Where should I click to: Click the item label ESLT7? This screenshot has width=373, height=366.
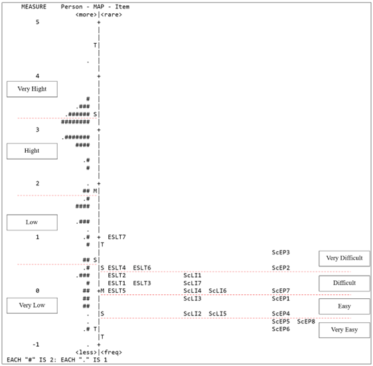tap(117, 237)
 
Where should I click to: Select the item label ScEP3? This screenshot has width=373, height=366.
tap(281, 252)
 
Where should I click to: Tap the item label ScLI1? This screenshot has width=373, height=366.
tap(192, 275)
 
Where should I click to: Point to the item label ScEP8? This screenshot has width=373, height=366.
tap(306, 321)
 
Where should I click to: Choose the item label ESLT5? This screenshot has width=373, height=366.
tap(117, 290)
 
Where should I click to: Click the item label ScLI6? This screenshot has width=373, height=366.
tap(218, 290)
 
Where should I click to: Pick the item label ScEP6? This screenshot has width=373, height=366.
tap(281, 329)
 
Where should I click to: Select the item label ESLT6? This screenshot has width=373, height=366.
tap(142, 268)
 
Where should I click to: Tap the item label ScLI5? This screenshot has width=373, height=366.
tap(218, 314)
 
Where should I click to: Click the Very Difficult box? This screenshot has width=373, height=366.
tap(344, 258)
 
